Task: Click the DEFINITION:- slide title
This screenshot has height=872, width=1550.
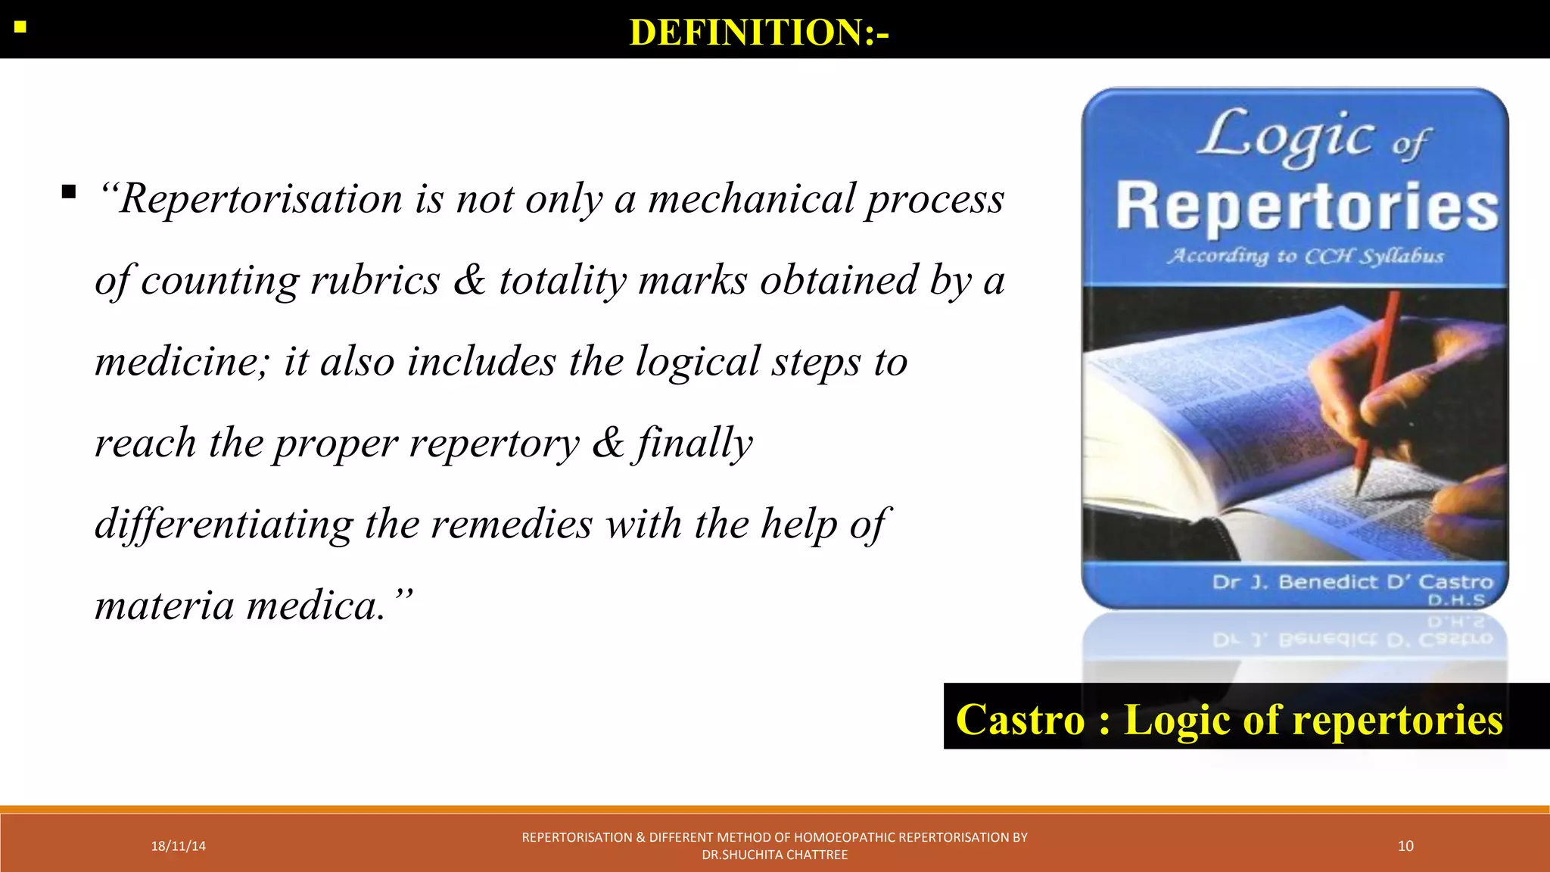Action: point(759,33)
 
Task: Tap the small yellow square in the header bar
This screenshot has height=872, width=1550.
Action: point(20,28)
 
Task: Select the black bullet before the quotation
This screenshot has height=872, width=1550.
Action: point(69,192)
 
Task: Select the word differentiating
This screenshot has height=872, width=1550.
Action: point(223,524)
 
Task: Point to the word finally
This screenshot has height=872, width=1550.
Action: point(694,444)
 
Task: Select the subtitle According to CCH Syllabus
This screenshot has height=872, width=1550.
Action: point(1306,256)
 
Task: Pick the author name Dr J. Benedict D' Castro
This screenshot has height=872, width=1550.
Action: point(1352,582)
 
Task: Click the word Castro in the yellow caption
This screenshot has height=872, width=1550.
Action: point(1020,719)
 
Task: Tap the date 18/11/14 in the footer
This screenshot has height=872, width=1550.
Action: point(178,846)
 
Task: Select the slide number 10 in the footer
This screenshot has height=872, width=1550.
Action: point(1405,846)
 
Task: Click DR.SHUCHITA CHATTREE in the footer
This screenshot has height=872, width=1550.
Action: point(774,855)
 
